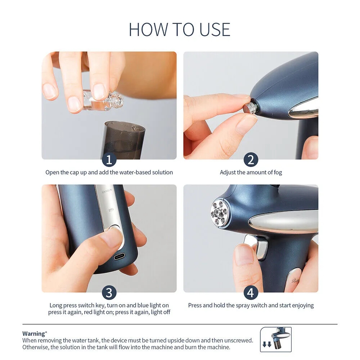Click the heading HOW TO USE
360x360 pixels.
click(x=180, y=29)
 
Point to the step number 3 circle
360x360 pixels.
click(x=109, y=293)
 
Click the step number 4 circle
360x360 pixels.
click(x=251, y=293)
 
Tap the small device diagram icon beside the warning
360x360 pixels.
click(x=275, y=339)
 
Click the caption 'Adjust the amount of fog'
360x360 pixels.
click(x=251, y=172)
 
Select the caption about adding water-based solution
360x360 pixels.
click(x=109, y=172)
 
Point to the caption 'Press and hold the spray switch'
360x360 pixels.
click(x=251, y=305)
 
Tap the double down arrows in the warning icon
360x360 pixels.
click(x=267, y=345)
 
